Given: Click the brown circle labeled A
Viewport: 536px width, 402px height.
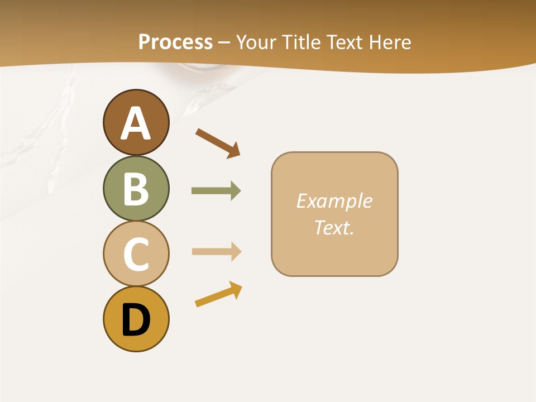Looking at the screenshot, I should pos(136,122).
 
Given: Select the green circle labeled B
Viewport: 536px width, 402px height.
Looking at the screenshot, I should pos(136,188).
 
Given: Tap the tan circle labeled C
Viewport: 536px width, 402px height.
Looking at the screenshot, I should pos(136,253).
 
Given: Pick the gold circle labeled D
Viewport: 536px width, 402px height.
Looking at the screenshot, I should pos(136,319).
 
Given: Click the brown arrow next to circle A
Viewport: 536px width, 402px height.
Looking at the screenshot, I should pos(217,143).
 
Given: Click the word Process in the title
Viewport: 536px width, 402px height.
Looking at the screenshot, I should pos(175,42).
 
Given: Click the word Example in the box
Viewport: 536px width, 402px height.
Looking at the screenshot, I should pos(334,201).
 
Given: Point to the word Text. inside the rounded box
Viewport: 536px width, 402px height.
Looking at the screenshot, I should pos(334,227).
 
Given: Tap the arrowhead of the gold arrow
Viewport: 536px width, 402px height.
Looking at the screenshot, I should pos(236,289).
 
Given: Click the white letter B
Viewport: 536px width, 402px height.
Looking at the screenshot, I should pos(136,189).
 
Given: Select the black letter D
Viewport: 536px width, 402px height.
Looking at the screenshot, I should pos(136,320).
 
